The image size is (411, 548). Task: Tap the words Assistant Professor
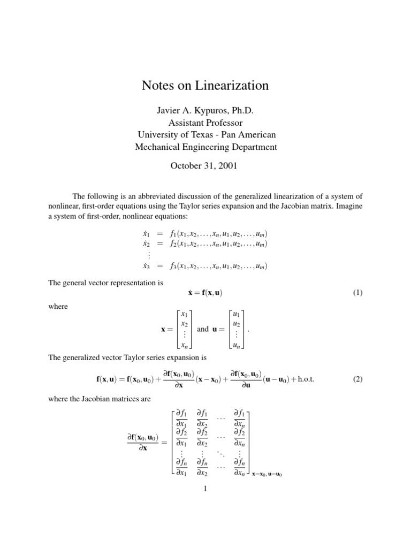pos(205,122)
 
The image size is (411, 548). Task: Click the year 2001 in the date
pos(226,165)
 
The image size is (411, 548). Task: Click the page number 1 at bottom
pos(205,489)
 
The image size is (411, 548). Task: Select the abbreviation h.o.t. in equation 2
pos(303,379)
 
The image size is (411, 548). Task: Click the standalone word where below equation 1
pos(58,307)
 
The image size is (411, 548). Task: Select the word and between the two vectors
pos(202,329)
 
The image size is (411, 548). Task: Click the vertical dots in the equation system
pos(145,255)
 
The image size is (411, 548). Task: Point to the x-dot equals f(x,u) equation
pos(205,293)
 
